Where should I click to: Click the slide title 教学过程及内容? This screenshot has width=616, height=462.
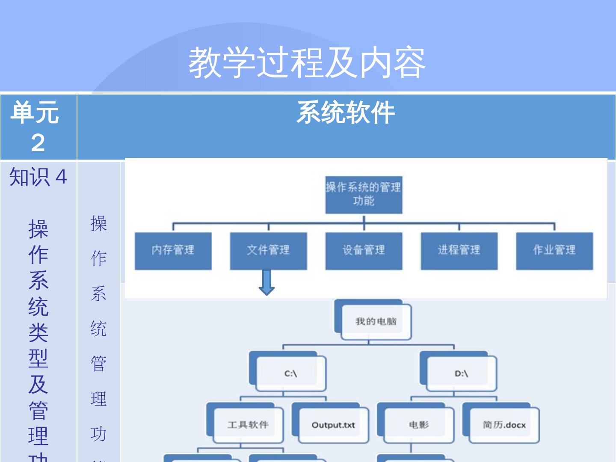(307, 62)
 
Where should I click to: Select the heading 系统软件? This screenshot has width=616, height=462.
(346, 113)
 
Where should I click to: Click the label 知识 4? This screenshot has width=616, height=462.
(38, 177)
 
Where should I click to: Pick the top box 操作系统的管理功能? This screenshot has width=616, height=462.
(364, 195)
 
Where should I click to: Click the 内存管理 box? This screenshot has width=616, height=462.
(173, 251)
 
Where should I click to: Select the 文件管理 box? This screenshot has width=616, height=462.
(268, 251)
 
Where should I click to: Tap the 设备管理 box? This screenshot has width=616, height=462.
(364, 251)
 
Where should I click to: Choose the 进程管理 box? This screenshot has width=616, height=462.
(459, 251)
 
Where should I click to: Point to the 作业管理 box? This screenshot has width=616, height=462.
(554, 251)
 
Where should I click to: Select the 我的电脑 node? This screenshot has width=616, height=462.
(376, 321)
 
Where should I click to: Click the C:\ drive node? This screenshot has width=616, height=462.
(290, 373)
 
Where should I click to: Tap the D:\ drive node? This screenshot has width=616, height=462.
(461, 373)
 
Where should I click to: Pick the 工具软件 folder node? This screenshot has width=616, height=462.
(248, 424)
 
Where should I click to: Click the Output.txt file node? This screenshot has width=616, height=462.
(333, 425)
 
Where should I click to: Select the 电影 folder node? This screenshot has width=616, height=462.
(418, 424)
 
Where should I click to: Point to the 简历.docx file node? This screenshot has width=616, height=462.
(504, 425)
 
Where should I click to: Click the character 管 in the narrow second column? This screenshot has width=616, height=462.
(98, 364)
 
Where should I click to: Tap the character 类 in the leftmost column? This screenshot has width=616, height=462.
(38, 332)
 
